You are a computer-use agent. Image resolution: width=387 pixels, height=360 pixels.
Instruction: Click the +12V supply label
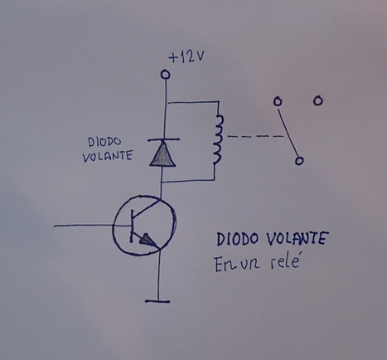coord(186,57)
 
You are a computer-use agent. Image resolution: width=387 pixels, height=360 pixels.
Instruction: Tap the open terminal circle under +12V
coord(165,74)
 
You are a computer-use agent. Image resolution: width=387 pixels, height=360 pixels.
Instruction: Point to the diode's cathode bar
coord(163,139)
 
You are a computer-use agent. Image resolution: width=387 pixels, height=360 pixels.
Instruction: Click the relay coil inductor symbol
coord(218,139)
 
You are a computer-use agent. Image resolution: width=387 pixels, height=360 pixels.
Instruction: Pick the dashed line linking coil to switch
coord(254,136)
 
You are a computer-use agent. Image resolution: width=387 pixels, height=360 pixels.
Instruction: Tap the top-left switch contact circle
coord(278,101)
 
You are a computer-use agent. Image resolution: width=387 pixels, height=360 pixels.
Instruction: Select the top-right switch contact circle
coord(317,100)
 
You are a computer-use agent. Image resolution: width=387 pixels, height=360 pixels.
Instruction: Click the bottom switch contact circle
coord(299,161)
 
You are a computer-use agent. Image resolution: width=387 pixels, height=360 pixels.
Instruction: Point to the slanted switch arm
coord(288,133)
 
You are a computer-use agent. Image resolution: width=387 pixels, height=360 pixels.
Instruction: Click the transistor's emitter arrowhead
coord(147,240)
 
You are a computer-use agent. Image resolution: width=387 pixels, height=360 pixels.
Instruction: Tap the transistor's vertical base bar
coord(132,226)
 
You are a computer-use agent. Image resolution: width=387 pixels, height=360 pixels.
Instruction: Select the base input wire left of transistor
coord(83,226)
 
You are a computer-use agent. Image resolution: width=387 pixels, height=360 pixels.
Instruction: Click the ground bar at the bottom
coord(157,301)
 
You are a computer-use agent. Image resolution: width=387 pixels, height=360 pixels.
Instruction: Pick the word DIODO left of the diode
coord(104,142)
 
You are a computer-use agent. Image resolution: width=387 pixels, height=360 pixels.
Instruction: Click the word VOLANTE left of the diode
coord(107,157)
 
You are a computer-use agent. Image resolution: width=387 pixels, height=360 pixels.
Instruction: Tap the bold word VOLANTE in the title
coord(298,239)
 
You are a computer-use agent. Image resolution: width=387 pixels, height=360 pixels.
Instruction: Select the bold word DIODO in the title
coord(237,239)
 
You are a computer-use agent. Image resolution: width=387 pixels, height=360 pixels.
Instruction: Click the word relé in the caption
coord(284,263)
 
